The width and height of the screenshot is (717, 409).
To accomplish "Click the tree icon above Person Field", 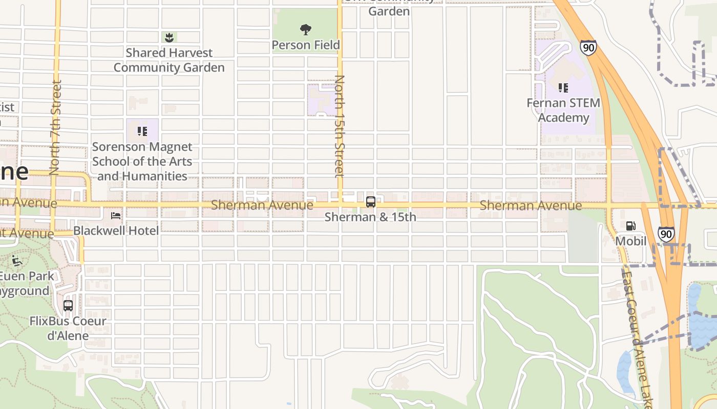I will click(x=306, y=30).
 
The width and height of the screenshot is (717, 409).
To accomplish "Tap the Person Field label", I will click(x=306, y=45).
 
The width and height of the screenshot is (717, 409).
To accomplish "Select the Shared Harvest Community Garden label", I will click(x=169, y=60).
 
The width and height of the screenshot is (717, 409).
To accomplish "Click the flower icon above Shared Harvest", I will click(x=169, y=37).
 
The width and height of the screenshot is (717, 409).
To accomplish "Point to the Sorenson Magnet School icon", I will click(x=142, y=131).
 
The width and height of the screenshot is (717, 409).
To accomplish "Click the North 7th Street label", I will click(x=55, y=127).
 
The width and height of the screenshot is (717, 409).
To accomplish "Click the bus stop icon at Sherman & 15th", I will click(x=371, y=201).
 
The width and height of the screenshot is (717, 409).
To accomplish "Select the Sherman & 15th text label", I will click(x=370, y=217).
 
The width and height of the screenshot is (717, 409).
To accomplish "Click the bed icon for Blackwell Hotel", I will click(x=116, y=216).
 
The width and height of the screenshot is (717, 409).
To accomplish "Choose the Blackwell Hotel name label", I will click(x=116, y=231).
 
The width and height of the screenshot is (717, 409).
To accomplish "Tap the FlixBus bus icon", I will click(x=68, y=306).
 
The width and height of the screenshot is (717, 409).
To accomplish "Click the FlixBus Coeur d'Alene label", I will click(x=68, y=328).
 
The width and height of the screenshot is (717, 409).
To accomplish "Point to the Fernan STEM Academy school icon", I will click(x=563, y=88).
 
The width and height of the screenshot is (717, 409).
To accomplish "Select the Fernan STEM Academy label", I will click(x=563, y=110).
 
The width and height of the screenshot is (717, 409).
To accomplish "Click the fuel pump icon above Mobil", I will click(x=631, y=226).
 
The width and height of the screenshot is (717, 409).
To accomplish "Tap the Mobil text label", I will click(x=631, y=241).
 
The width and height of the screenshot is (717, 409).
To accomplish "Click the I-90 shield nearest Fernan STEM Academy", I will click(x=588, y=48).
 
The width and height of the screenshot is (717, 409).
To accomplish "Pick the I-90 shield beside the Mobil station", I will click(x=666, y=234).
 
